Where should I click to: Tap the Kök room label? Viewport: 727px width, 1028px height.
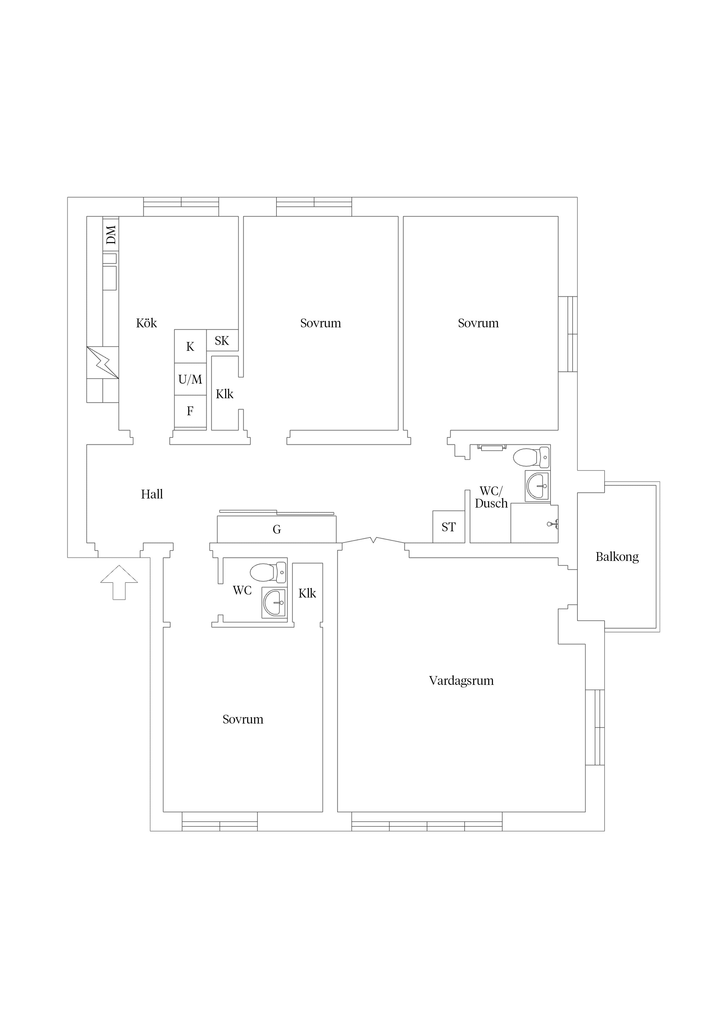[147, 323]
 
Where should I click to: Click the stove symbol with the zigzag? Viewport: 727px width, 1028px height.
[103, 362]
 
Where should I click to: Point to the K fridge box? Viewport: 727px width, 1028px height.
[190, 346]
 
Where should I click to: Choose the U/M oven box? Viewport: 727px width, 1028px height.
[190, 379]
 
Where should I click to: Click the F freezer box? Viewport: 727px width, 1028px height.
[190, 411]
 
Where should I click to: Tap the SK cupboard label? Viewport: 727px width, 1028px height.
[222, 341]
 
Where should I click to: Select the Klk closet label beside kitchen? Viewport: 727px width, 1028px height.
[225, 394]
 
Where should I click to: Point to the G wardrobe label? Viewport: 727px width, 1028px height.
[277, 529]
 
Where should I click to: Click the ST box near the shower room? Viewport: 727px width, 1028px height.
[449, 527]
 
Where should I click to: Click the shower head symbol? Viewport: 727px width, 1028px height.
[553, 523]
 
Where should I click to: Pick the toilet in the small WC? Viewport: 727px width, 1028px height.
[268, 572]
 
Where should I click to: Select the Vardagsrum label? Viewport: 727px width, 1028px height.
[461, 680]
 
